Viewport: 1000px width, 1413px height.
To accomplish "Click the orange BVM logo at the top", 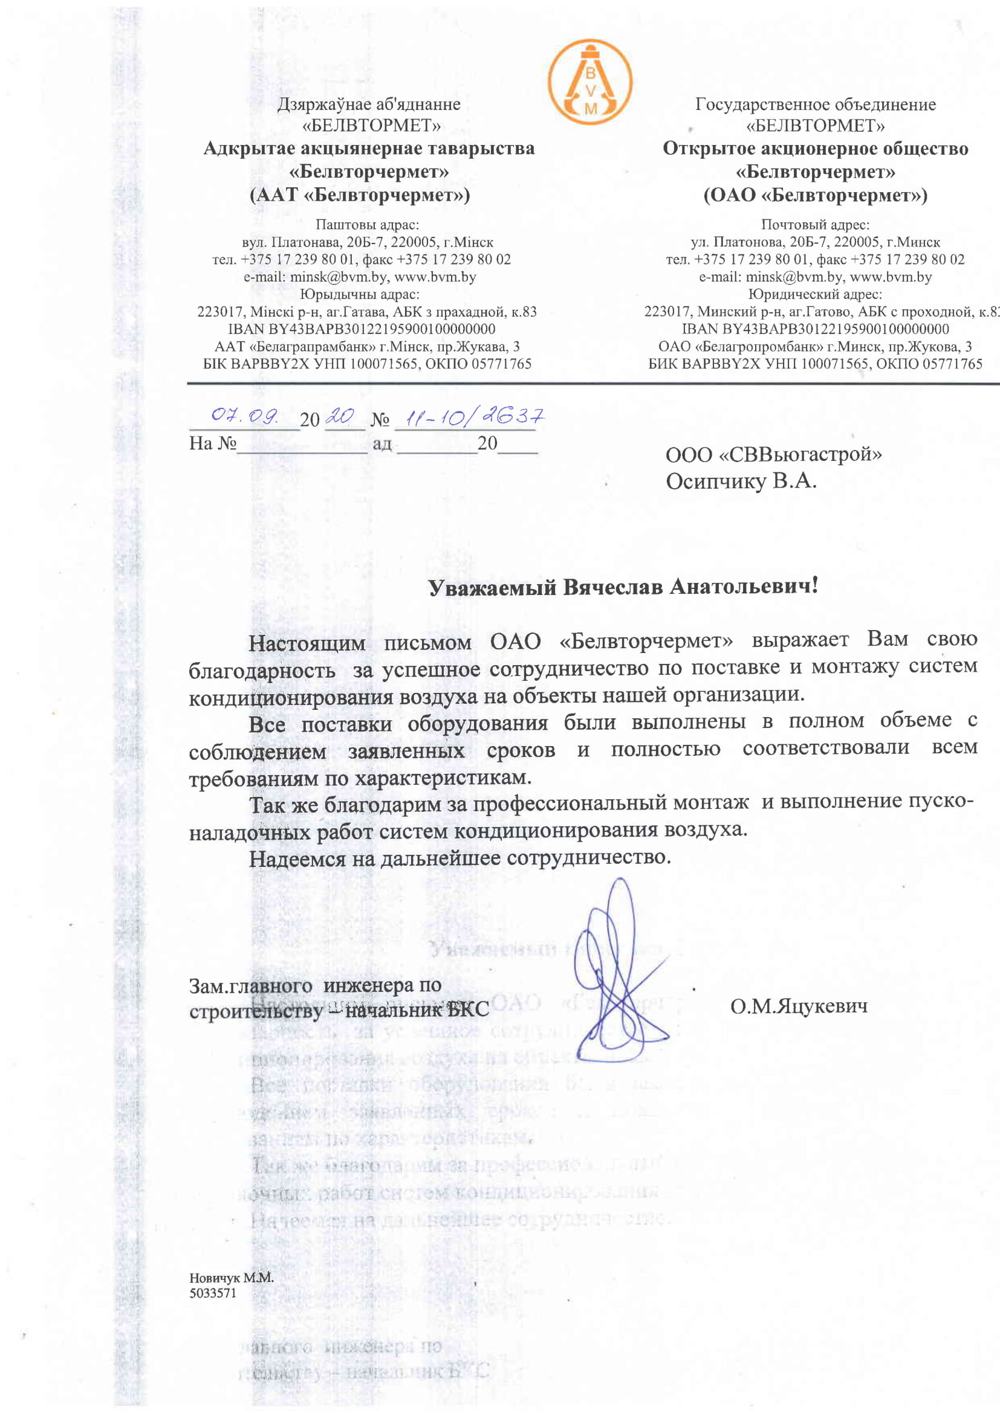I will tap(590, 82).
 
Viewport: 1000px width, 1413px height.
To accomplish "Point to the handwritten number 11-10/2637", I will tap(469, 419).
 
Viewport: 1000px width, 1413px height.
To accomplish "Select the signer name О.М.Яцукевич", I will tap(799, 1007).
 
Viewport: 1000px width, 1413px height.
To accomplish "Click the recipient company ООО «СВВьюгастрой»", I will tap(773, 455).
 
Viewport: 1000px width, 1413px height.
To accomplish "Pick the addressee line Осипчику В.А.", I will tap(741, 481).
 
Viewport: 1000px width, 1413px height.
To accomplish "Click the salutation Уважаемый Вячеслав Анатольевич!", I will tap(623, 587).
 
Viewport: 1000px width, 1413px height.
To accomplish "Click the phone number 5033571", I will tap(212, 1293).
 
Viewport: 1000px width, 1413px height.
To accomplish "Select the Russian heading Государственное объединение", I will tap(815, 105).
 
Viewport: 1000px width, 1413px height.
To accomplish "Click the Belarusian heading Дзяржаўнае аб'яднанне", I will tap(368, 105).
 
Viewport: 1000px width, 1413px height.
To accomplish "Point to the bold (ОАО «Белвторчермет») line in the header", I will tap(815, 196).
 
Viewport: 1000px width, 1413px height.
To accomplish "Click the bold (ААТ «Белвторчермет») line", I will tap(360, 196).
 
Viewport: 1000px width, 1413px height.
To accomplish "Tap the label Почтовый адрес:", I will tap(815, 225).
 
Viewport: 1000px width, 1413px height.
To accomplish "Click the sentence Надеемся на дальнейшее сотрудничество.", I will tap(459, 858).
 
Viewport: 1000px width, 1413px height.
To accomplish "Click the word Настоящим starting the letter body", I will tap(307, 644).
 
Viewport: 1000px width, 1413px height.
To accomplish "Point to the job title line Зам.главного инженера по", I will tap(314, 985).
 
